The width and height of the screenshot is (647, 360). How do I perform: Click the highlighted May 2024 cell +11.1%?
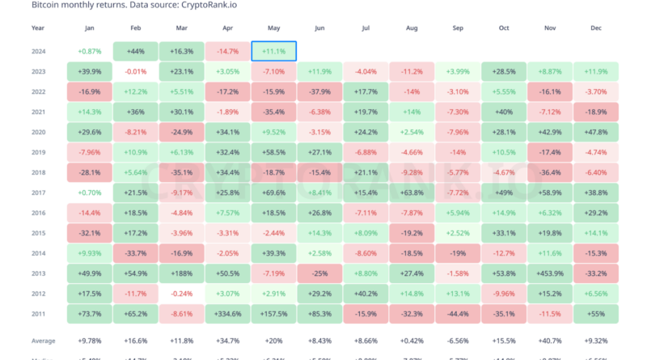274,51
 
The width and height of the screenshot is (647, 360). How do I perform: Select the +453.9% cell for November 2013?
551,273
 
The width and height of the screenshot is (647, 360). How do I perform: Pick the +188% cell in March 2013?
182,273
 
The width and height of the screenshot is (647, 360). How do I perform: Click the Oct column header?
505,28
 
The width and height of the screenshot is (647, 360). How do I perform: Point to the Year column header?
38,28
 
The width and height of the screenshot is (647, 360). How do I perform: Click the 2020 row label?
38,130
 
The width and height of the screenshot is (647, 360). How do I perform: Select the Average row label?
44,340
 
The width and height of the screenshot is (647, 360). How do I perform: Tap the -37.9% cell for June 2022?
320,91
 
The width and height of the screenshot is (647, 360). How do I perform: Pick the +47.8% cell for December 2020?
597,130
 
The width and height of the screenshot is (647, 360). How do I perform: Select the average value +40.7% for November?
551,340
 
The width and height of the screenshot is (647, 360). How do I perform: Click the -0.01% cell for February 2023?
136,70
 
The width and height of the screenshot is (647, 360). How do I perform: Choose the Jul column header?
366,28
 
